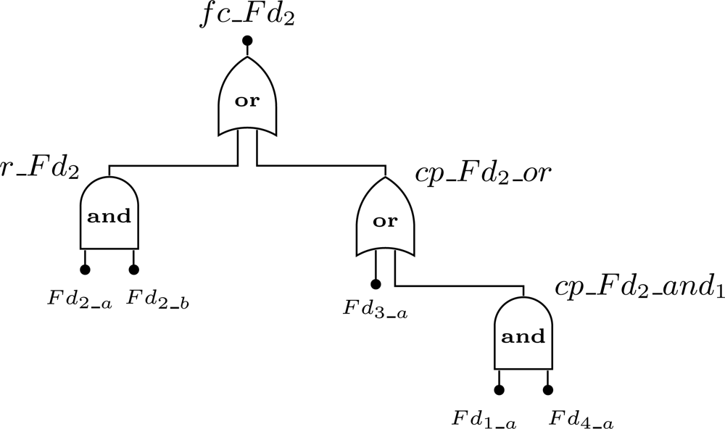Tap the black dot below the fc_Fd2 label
(x=247, y=41)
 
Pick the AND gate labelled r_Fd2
(x=109, y=215)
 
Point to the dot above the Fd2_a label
(x=85, y=270)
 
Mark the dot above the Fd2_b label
(x=133, y=270)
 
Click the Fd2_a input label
(x=80, y=298)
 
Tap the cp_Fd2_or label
(x=484, y=175)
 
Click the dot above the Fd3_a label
(x=376, y=284)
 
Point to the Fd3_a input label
(x=376, y=312)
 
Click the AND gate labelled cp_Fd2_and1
(x=523, y=336)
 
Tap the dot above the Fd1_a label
(x=499, y=390)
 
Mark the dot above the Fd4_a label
(x=547, y=390)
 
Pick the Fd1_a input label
(x=484, y=419)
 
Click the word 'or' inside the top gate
(x=247, y=101)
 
